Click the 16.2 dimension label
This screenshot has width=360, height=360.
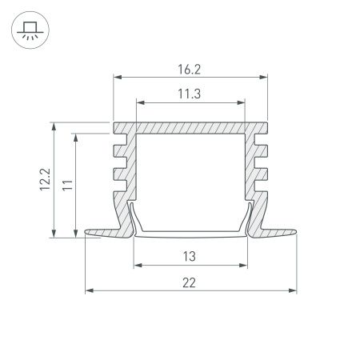click(x=190, y=70)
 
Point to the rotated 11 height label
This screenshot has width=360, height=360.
click(x=68, y=185)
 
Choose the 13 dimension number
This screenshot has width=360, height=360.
click(x=190, y=256)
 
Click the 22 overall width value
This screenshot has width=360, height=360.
click(x=190, y=282)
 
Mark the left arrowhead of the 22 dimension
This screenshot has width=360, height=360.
click(x=88, y=290)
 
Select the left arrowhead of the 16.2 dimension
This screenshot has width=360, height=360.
click(x=116, y=78)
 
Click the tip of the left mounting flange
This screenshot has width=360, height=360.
click(x=86, y=234)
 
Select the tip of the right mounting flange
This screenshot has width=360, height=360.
click(x=295, y=234)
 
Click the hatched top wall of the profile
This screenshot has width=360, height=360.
click(x=190, y=128)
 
